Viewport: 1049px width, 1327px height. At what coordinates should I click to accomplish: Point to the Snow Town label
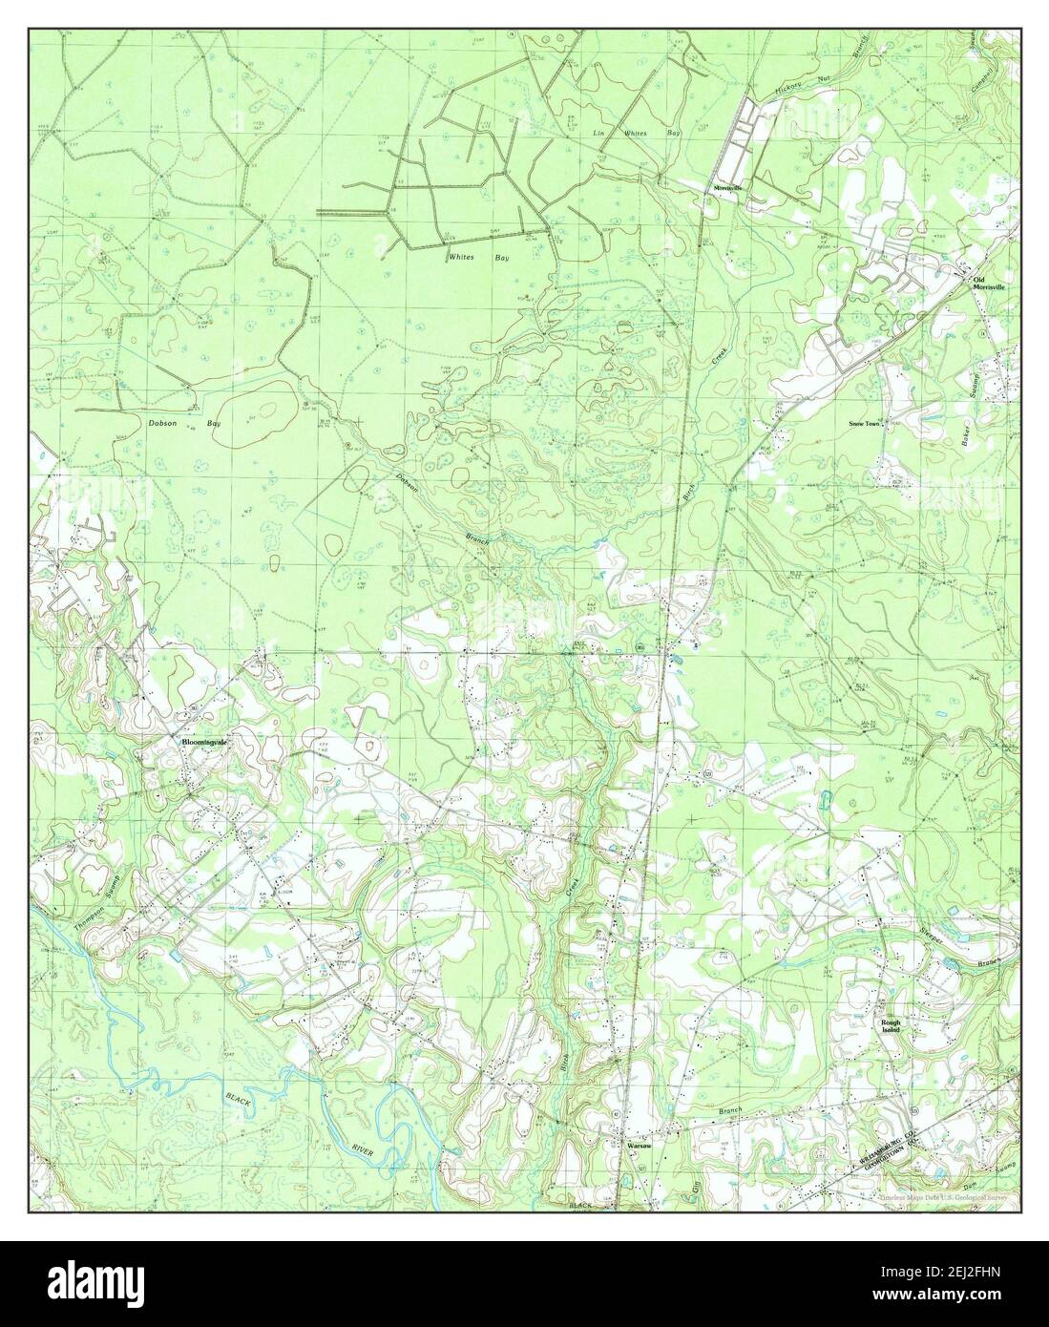[865, 422]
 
